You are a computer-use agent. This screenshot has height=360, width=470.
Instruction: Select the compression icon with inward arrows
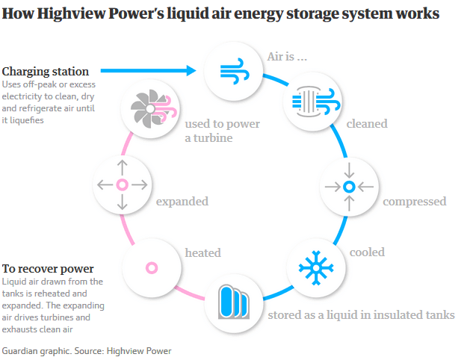coord(348,186)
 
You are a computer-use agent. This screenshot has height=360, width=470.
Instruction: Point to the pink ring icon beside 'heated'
coord(151,267)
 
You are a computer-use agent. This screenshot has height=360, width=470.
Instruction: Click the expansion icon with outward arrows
coord(122,184)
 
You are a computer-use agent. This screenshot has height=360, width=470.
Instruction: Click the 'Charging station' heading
coord(46,72)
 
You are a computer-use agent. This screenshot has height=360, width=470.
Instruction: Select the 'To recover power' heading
coord(48,268)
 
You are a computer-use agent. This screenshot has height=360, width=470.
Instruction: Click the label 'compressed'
coord(414,202)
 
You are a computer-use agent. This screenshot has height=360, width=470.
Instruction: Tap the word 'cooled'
coord(368,252)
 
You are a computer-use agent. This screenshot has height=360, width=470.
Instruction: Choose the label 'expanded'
coord(182,202)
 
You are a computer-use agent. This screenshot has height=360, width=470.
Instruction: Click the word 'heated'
coord(203,253)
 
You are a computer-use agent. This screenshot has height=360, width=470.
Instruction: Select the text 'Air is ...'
coord(287,56)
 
